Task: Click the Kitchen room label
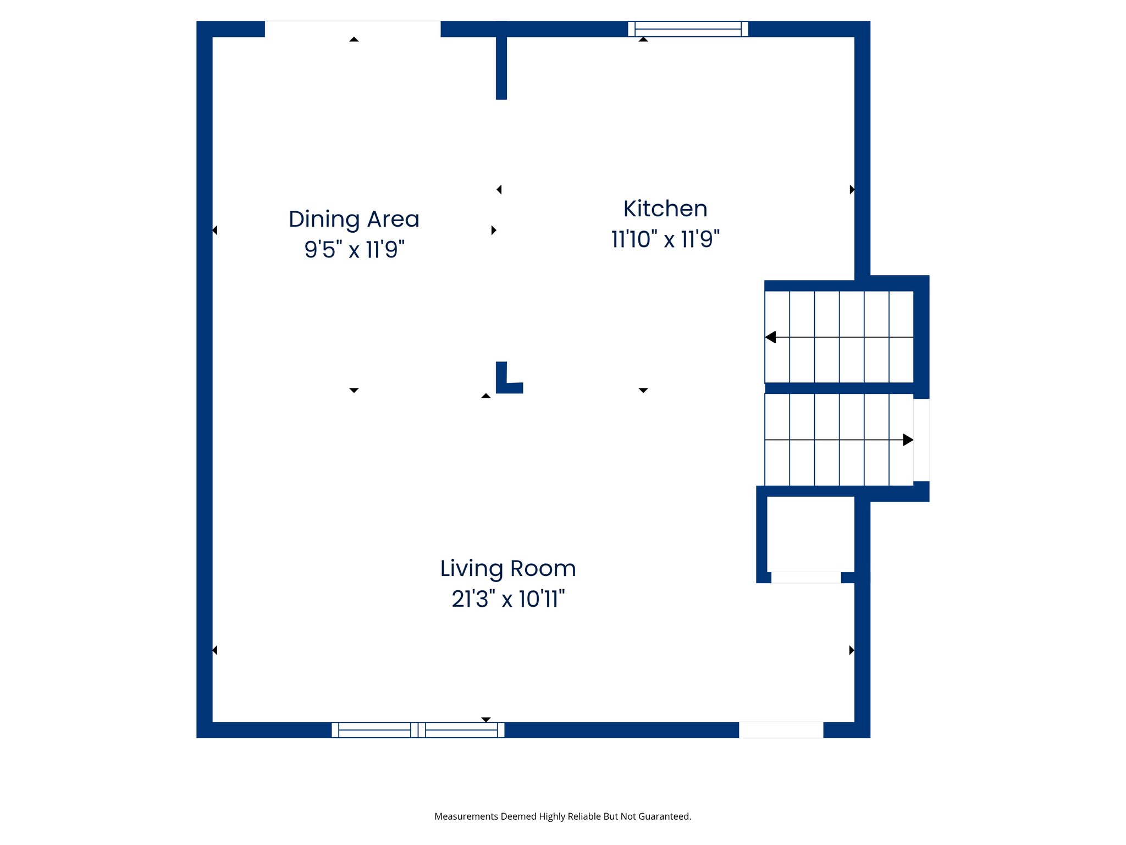[665, 209]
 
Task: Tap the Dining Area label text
[354, 219]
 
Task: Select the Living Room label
[508, 568]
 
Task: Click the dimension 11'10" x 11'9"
[665, 240]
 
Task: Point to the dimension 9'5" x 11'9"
[354, 250]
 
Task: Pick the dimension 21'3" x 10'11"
[508, 599]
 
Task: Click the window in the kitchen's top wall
[688, 29]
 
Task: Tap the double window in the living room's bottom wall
[418, 729]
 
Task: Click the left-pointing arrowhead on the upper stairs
[771, 337]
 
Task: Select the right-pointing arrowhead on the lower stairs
[908, 440]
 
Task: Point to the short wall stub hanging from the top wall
[501, 66]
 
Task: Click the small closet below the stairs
[810, 534]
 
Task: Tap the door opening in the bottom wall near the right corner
[781, 729]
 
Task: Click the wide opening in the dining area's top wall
[352, 29]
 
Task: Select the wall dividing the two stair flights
[839, 388]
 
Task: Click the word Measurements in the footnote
[466, 816]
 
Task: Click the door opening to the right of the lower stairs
[921, 440]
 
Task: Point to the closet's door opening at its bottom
[806, 577]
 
